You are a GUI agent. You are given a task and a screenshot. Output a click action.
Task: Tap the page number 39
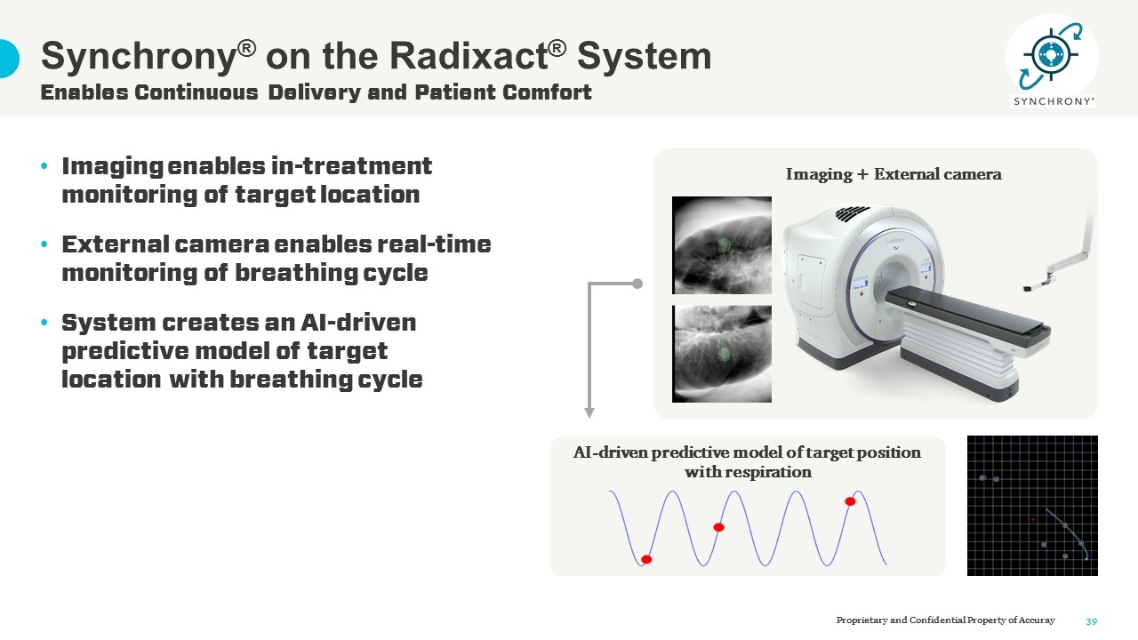(x=1092, y=621)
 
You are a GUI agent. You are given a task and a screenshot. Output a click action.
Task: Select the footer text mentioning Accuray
(x=945, y=620)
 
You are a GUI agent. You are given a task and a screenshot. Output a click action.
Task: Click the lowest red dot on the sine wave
(x=646, y=559)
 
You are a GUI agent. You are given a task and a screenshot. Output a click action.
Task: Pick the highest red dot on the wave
(x=850, y=501)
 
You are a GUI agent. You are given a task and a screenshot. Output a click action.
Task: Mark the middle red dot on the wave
(x=718, y=527)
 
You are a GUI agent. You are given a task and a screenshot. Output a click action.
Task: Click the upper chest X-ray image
(x=721, y=245)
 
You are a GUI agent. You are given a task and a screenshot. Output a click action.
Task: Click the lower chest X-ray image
(x=721, y=354)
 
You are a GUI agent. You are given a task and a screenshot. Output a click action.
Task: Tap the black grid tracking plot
(x=1032, y=506)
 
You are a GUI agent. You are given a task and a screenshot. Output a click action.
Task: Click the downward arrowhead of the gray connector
(x=589, y=412)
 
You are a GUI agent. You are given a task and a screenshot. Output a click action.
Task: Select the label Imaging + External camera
(x=894, y=174)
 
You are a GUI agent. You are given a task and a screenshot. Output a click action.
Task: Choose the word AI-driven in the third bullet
(x=358, y=322)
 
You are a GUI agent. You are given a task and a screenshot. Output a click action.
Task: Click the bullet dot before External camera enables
(x=44, y=244)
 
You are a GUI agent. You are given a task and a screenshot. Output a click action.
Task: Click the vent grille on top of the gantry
(x=853, y=213)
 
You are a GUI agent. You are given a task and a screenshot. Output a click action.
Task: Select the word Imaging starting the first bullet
(x=112, y=167)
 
